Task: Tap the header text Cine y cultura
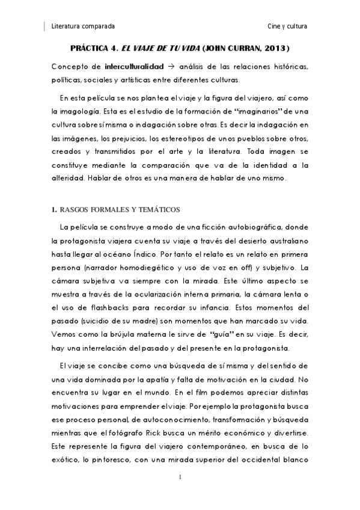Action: pyautogui.click(x=287, y=27)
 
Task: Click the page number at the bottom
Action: pyautogui.click(x=180, y=477)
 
